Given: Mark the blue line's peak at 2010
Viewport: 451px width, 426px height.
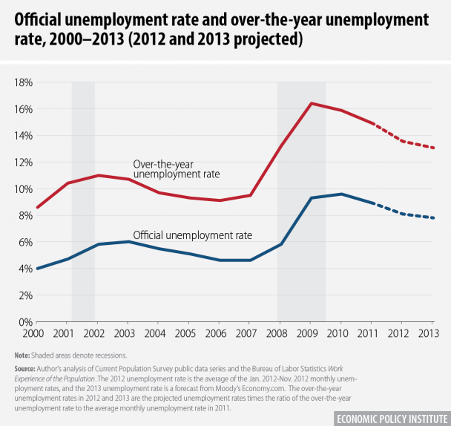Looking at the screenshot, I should [341, 194].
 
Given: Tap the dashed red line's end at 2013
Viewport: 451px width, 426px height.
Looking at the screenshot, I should [434, 148].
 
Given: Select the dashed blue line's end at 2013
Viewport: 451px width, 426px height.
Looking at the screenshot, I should [434, 218].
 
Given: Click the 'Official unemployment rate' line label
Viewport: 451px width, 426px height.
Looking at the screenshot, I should [193, 235].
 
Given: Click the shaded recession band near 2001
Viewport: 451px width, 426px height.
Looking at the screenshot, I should [83, 200].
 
